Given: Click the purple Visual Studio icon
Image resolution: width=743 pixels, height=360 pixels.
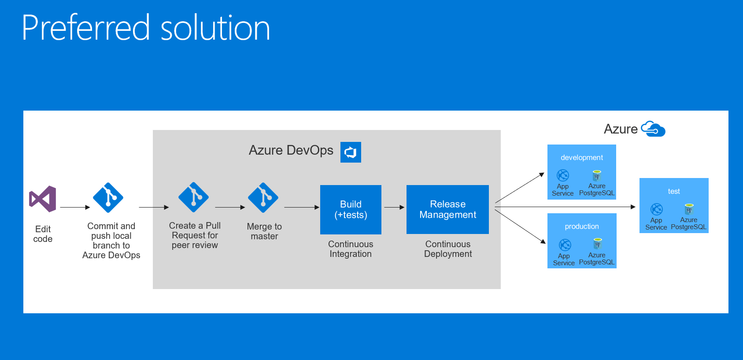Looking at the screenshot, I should [x=43, y=199].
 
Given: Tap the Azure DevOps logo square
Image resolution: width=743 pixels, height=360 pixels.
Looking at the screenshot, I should [x=351, y=152].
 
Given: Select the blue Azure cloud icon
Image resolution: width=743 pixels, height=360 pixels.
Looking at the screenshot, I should [x=653, y=129].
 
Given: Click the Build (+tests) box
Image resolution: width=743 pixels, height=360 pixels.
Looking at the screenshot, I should [x=351, y=209].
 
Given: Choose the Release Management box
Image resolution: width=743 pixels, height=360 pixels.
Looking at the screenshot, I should [x=447, y=209].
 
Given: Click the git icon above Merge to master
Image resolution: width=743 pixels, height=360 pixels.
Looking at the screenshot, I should [x=263, y=197].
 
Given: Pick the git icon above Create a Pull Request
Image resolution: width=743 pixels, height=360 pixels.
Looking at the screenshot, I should [x=193, y=197].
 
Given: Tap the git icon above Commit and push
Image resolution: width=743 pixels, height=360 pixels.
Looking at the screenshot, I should [x=108, y=197].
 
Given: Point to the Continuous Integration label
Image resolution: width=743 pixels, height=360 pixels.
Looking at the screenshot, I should [x=351, y=249].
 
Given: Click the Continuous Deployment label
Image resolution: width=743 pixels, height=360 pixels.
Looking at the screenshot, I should [x=448, y=249].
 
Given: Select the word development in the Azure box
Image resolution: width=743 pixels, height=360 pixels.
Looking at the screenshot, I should [x=581, y=158].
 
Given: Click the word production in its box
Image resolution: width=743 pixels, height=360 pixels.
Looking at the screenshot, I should [x=581, y=226].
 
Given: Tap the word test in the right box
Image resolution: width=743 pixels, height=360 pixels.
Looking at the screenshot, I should [x=673, y=191].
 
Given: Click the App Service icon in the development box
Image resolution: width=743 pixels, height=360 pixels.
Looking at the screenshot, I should [x=563, y=175].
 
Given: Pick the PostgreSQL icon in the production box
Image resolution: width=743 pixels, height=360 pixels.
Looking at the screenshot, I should [x=597, y=244].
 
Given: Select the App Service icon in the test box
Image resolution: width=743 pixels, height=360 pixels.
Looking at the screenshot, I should [x=656, y=209].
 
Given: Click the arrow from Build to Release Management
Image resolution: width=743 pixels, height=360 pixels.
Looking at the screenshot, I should [x=394, y=207].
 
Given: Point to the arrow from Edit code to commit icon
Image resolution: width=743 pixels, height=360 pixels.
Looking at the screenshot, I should [x=74, y=207].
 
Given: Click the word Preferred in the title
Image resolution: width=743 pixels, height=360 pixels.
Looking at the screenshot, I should [x=86, y=28].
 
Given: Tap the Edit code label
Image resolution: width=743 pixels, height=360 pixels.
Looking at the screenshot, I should [x=43, y=234].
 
